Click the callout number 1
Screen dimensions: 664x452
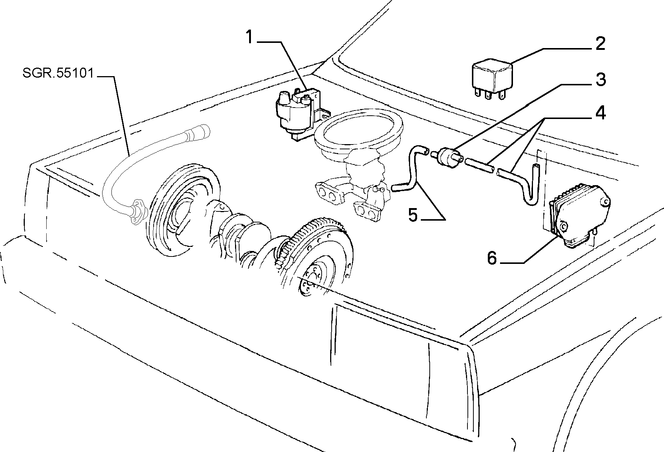250,38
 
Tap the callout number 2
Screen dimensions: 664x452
599,44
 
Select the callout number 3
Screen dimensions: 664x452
600,79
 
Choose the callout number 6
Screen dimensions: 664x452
492,258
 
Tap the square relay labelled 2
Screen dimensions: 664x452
492,79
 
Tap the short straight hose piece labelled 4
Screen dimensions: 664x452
479,165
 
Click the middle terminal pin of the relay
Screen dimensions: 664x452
487,96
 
